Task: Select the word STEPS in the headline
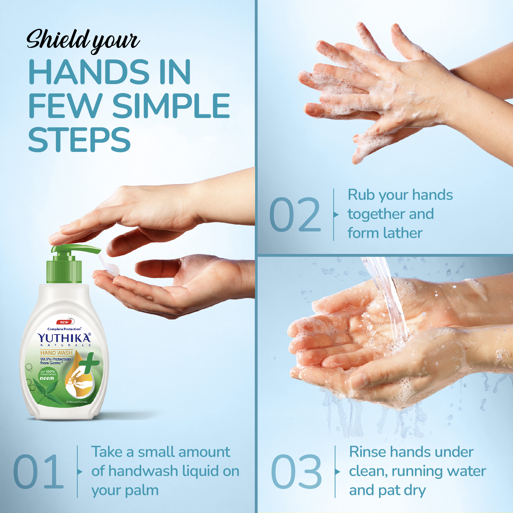[79, 140]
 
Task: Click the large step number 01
[38, 472]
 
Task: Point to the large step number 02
[295, 214]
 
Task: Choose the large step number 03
[296, 472]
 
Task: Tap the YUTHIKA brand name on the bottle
[64, 338]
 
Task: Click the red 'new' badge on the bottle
[64, 322]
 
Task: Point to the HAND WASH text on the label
[56, 353]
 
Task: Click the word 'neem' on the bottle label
[47, 378]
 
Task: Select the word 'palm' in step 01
[142, 490]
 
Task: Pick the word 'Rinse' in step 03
[367, 452]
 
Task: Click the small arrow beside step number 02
[336, 215]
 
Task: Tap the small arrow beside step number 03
[338, 472]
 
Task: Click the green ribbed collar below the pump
[64, 271]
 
